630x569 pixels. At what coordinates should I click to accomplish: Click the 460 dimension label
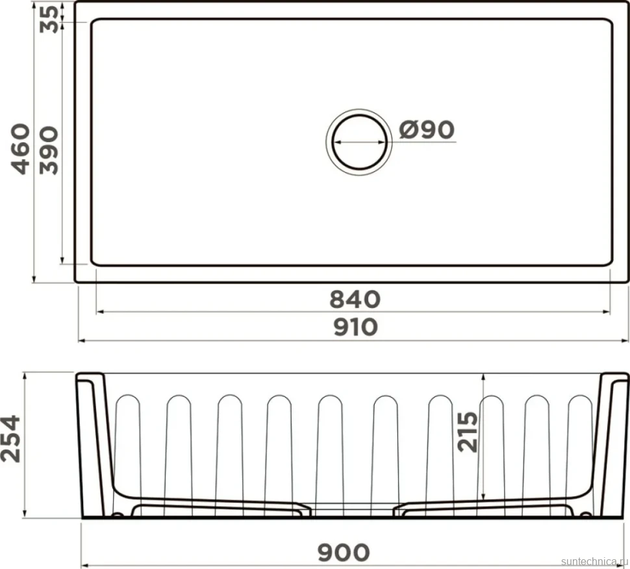click(x=20, y=149)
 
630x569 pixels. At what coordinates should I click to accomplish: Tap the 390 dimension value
click(x=49, y=150)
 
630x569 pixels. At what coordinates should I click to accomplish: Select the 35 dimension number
click(x=49, y=19)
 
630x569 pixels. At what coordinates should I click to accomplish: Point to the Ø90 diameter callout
click(x=427, y=129)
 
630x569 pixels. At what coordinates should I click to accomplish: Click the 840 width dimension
click(x=355, y=299)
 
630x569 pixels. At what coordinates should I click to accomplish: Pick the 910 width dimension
click(x=355, y=327)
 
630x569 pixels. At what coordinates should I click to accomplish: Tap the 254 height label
click(x=10, y=439)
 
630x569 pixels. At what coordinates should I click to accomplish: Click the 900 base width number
click(x=344, y=553)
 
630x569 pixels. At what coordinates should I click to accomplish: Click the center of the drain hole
click(x=359, y=142)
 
